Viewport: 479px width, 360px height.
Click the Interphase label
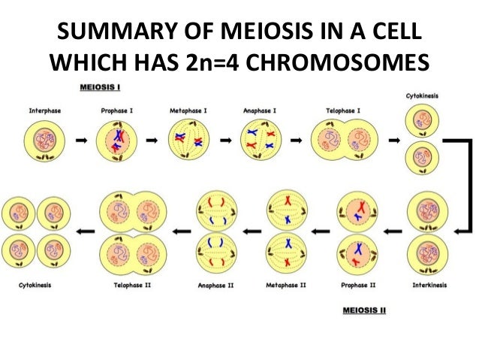point(44,110)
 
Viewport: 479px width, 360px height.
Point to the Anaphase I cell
point(260,141)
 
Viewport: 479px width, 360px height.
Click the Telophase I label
point(342,110)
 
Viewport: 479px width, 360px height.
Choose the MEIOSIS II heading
point(363,310)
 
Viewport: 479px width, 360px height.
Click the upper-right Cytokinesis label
point(423,97)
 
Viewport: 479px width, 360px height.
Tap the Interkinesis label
point(426,286)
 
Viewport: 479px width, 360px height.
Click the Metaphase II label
point(286,286)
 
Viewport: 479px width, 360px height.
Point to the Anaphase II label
point(216,286)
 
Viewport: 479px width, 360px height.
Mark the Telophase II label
point(133,286)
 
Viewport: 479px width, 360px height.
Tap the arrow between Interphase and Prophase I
point(80,141)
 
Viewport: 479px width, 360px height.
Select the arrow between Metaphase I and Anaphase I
point(223,141)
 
